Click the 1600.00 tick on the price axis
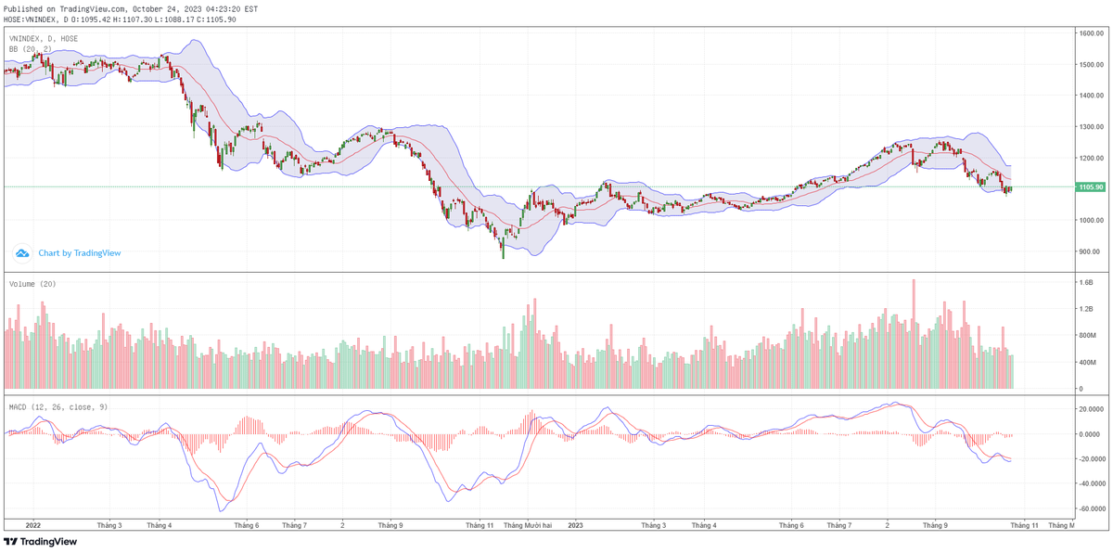tap(1090, 32)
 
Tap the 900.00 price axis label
tap(1090, 251)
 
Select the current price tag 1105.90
tap(1090, 187)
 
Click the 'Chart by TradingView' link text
tap(80, 252)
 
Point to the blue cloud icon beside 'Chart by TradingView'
tap(22, 252)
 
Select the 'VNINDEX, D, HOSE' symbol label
tap(44, 38)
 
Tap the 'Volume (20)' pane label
tap(32, 284)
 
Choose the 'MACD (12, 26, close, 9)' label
tap(58, 406)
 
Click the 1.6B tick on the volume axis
tap(1086, 282)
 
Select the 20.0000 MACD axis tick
tap(1091, 408)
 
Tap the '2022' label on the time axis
tap(32, 525)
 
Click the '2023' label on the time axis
tap(576, 525)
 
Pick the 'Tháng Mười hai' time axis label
tap(528, 525)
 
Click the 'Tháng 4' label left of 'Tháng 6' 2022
tap(160, 525)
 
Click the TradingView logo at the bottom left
tap(41, 542)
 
